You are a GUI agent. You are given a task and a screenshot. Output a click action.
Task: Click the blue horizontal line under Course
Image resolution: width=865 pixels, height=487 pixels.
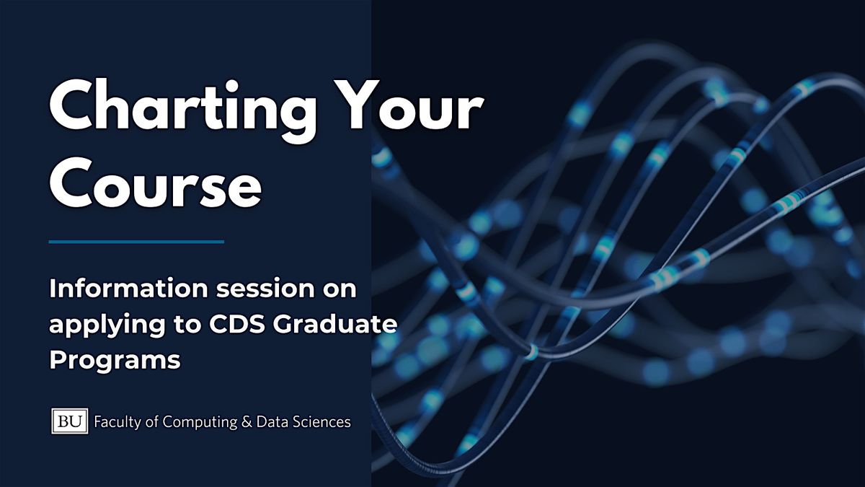coord(136,242)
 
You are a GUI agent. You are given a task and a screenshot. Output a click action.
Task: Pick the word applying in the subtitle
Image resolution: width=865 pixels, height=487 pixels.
coord(100,325)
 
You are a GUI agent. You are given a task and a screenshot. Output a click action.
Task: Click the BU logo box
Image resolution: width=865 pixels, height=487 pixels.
coord(69,421)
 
